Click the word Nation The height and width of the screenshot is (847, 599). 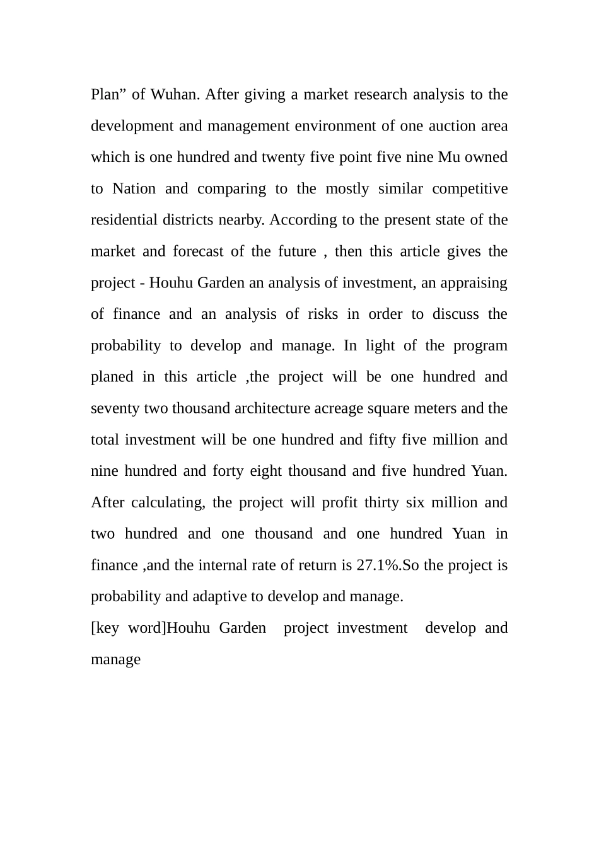pyautogui.click(x=134, y=188)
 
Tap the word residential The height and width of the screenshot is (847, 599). pyautogui.click(x=124, y=220)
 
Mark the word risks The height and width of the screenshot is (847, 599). pyautogui.click(x=323, y=314)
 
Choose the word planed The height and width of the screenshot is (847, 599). pyautogui.click(x=112, y=377)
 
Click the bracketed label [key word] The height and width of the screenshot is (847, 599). pyautogui.click(x=128, y=628)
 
